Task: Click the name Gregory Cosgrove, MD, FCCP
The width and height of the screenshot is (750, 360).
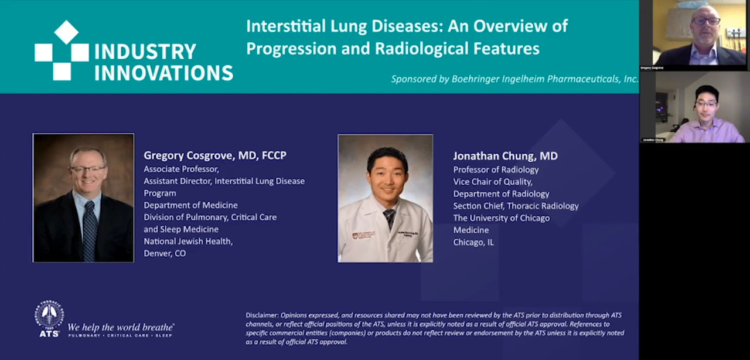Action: pyautogui.click(x=214, y=155)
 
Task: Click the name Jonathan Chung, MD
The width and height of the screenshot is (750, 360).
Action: pyautogui.click(x=505, y=156)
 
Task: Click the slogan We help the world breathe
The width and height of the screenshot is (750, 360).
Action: pyautogui.click(x=121, y=327)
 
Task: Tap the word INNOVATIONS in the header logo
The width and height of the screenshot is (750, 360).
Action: pyautogui.click(x=163, y=73)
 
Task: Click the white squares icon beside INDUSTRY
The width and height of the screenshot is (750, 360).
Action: pyautogui.click(x=62, y=52)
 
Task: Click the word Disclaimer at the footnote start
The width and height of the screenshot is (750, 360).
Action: pyautogui.click(x=262, y=315)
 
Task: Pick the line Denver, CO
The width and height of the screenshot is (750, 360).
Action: pyautogui.click(x=165, y=253)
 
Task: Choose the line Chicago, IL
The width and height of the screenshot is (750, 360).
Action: pyautogui.click(x=473, y=242)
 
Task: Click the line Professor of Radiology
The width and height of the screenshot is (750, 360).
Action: pyautogui.click(x=496, y=169)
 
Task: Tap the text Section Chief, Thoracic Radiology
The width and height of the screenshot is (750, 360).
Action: pyautogui.click(x=516, y=206)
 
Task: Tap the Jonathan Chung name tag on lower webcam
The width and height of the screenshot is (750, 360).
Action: pyautogui.click(x=653, y=140)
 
